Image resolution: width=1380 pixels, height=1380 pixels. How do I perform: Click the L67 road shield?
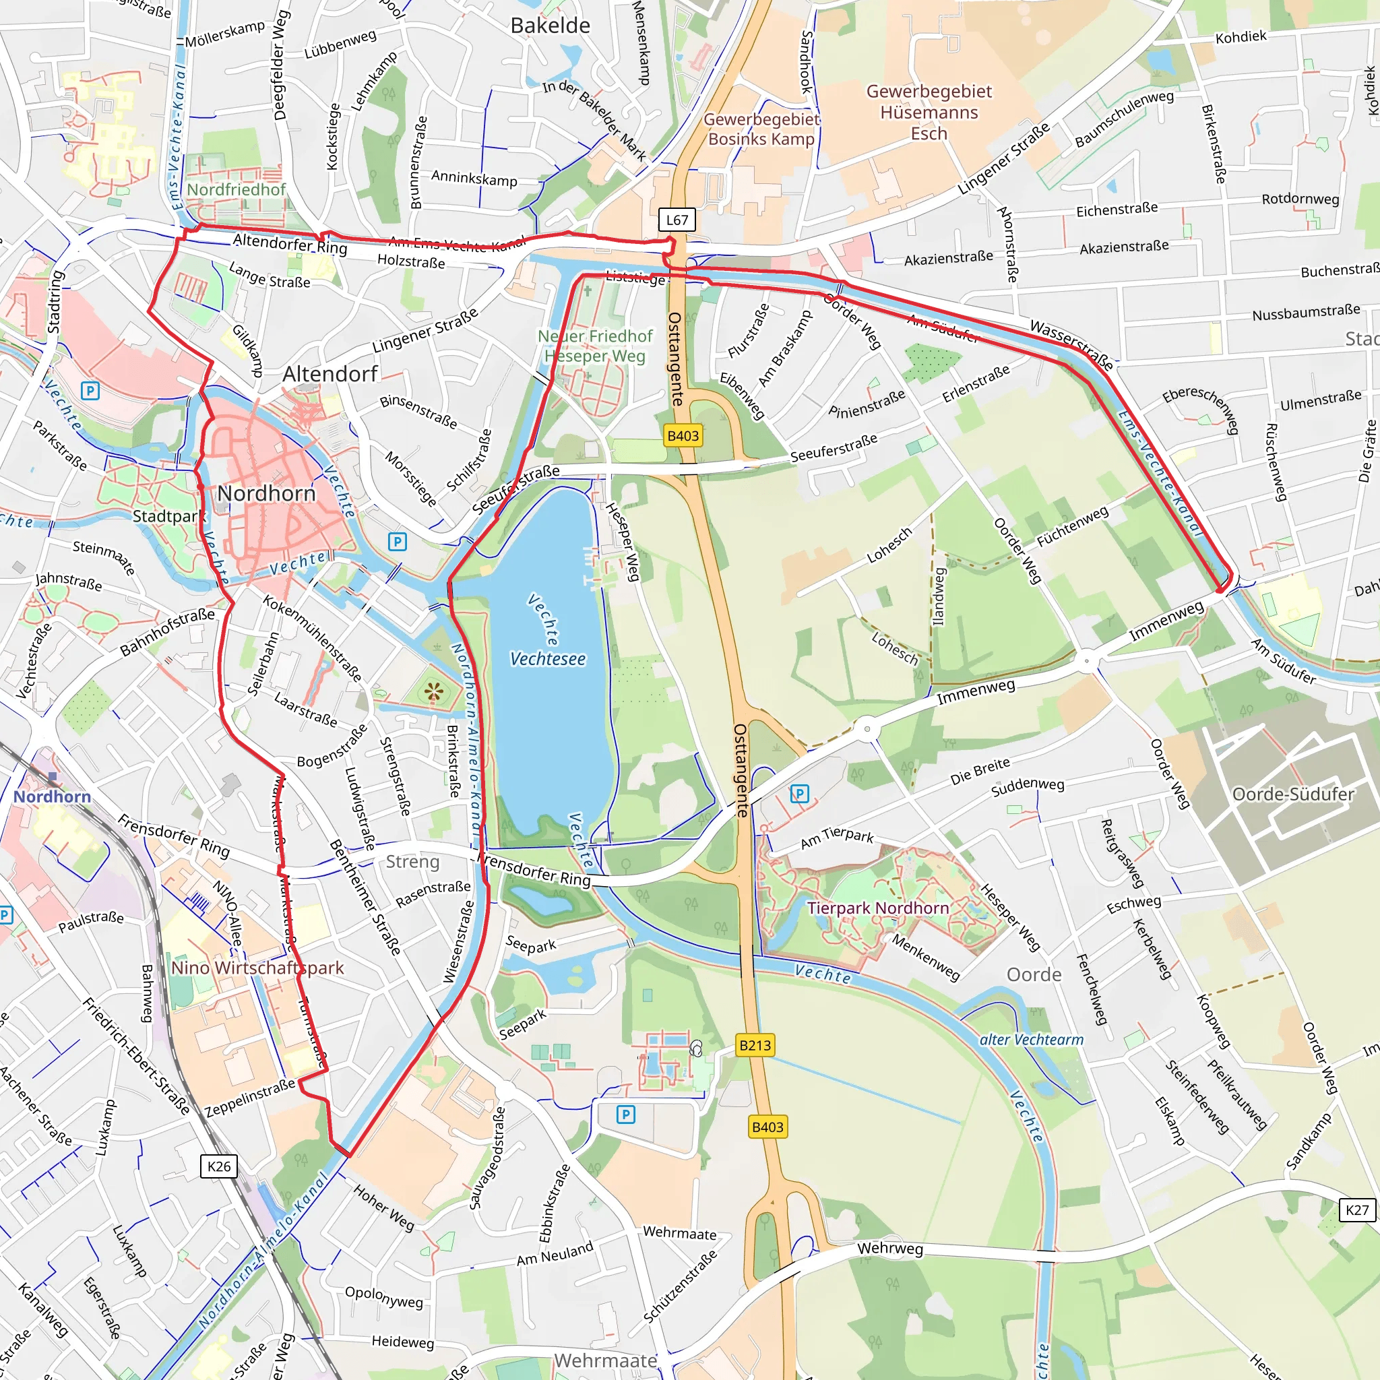(x=677, y=220)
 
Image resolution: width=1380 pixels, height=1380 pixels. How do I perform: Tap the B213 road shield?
(x=755, y=1046)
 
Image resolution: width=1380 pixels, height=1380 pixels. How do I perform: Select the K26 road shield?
(x=218, y=1166)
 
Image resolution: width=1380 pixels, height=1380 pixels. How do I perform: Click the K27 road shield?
(x=1356, y=1210)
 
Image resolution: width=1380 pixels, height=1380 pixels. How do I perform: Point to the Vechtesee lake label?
(x=548, y=658)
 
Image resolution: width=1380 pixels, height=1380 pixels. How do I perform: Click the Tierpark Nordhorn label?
(x=878, y=908)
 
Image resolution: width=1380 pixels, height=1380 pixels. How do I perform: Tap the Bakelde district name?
(x=550, y=26)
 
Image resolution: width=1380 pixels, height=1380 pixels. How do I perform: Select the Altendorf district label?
(x=330, y=373)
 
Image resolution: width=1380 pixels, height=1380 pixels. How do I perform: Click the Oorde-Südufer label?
(x=1293, y=794)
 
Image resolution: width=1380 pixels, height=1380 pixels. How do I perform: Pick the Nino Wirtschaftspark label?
(x=257, y=968)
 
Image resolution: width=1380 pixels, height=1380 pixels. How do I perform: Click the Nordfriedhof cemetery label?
(x=236, y=189)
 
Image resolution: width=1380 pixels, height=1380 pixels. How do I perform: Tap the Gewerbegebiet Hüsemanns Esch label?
(x=929, y=112)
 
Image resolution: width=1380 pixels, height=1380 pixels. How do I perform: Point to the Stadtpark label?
(x=168, y=515)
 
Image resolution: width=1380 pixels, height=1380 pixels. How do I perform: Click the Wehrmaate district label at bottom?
(x=605, y=1360)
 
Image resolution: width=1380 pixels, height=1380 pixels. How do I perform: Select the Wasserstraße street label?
(x=1071, y=345)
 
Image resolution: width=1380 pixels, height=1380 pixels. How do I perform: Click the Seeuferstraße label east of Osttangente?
(x=834, y=448)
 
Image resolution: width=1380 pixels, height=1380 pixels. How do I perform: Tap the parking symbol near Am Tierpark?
(x=799, y=794)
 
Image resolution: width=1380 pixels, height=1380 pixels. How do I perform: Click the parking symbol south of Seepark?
(x=626, y=1115)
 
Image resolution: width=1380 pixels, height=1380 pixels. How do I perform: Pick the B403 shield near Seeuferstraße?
(x=683, y=436)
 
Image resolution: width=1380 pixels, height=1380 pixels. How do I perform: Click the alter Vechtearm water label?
(x=1032, y=1040)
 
